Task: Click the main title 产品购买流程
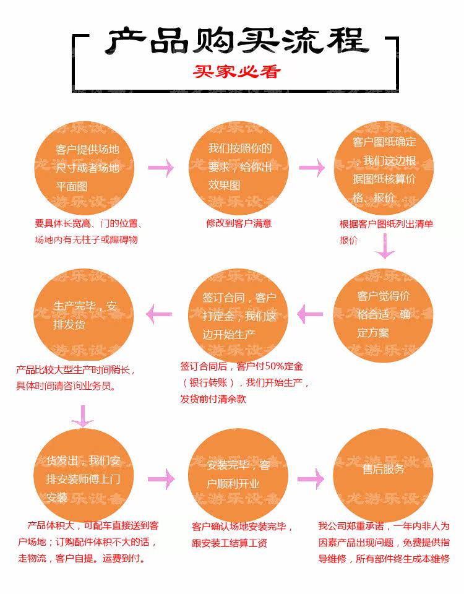pyautogui.click(x=236, y=41)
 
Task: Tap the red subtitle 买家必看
pyautogui.click(x=236, y=72)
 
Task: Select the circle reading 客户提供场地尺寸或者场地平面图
pyautogui.click(x=85, y=167)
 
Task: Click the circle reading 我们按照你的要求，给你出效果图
pyautogui.click(x=239, y=167)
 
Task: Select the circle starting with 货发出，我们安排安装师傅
pyautogui.click(x=85, y=477)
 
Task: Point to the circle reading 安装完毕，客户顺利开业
pyautogui.click(x=238, y=476)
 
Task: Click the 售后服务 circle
pyautogui.click(x=384, y=470)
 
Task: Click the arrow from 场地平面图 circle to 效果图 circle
pyautogui.click(x=161, y=168)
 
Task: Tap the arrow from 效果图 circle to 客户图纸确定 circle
pyautogui.click(x=312, y=168)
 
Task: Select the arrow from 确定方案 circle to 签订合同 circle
pyautogui.click(x=310, y=314)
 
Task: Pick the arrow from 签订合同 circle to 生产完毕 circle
pyautogui.click(x=159, y=314)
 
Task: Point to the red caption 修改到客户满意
pyautogui.click(x=239, y=223)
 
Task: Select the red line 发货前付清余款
pyautogui.click(x=213, y=399)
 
